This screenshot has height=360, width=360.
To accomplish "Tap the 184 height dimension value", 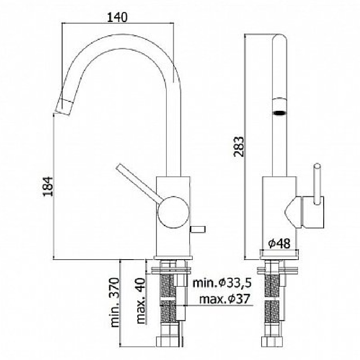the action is click(48, 186).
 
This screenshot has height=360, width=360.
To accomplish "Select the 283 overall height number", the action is click(238, 146).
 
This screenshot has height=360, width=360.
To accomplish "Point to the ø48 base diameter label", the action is click(279, 243).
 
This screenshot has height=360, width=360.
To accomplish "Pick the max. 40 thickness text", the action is click(140, 301).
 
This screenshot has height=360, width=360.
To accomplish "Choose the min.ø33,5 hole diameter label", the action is click(222, 283).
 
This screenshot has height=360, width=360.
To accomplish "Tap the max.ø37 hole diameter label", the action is click(224, 299).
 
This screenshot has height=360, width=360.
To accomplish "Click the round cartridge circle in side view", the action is click(174, 212).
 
